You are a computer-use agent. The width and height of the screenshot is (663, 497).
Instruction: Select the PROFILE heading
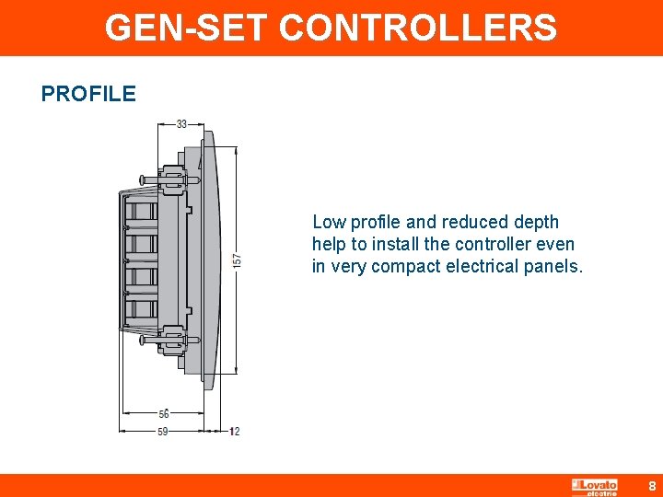click(88, 94)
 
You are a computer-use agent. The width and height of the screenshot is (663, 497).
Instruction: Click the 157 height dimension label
click(238, 261)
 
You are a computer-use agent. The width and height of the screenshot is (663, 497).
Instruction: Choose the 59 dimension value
click(162, 431)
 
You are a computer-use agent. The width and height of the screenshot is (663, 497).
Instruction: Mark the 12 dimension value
click(234, 431)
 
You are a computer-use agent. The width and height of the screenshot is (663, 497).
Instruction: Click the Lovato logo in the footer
click(595, 485)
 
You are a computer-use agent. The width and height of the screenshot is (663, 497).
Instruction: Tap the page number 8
click(652, 485)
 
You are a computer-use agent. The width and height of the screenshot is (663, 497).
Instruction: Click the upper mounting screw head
click(144, 179)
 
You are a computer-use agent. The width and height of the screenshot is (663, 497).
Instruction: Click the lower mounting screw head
click(144, 340)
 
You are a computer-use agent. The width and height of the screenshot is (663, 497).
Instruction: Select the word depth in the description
click(535, 222)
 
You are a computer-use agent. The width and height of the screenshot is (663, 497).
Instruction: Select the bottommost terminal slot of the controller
click(140, 306)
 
